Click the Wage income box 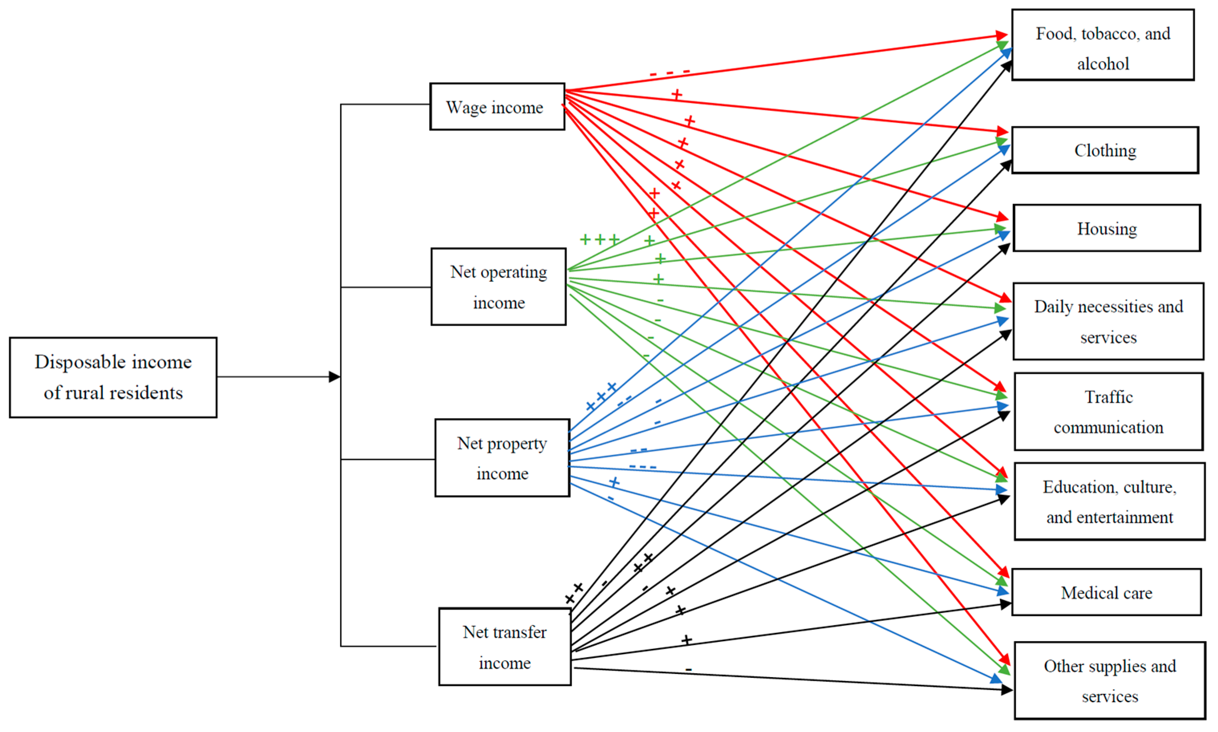(497, 106)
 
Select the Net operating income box (498, 286)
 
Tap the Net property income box (502, 458)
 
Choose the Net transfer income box (505, 647)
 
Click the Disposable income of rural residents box (113, 377)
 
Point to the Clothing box (1105, 150)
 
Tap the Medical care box (1106, 592)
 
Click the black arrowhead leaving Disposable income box (334, 377)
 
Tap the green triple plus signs (599, 240)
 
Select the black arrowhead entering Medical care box (1005, 604)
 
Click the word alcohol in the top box (1102, 64)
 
